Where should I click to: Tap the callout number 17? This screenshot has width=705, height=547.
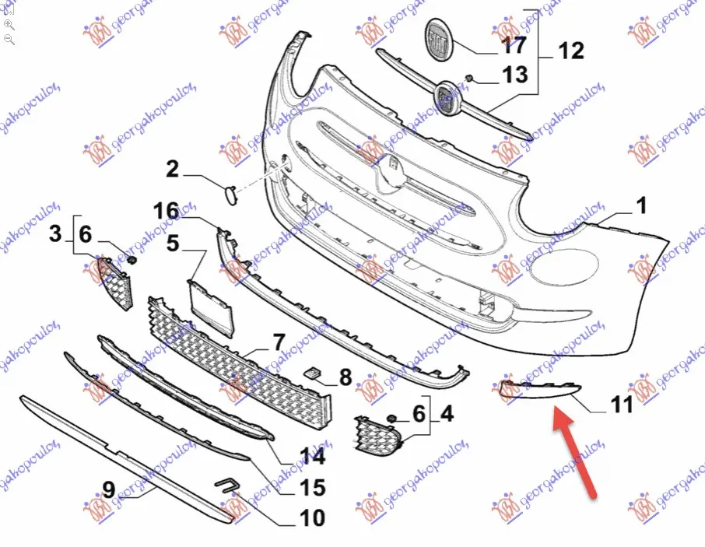pos(514,45)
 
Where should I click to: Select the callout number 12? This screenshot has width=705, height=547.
pos(571,51)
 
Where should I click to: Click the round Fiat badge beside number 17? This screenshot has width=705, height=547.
pos(439,40)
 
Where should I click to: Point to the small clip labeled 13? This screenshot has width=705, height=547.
pos(468,79)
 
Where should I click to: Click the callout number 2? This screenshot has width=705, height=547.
pos(172,169)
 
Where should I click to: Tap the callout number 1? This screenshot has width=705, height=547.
pos(641,205)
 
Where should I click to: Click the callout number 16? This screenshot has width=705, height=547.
pos(166,211)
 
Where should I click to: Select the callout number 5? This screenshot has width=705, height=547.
pos(173,244)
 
